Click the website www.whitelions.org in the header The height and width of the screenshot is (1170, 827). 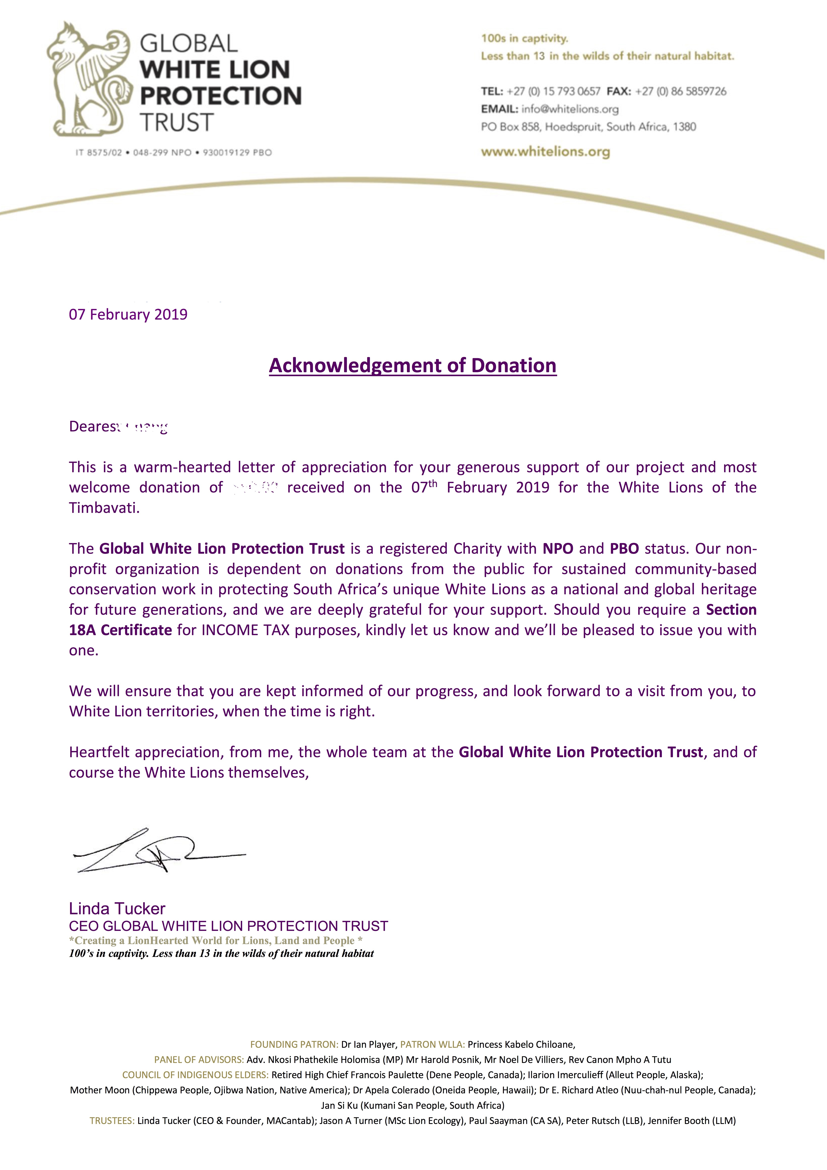(545, 151)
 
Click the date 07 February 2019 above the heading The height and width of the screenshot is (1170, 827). (128, 314)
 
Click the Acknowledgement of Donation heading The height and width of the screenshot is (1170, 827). (412, 365)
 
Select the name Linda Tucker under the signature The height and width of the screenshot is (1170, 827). (117, 909)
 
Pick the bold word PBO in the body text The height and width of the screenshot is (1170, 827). (624, 549)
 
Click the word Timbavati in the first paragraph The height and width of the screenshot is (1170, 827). (104, 508)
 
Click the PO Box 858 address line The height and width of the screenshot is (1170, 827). (588, 127)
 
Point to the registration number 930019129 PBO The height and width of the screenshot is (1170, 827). (237, 152)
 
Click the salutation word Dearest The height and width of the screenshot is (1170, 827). (92, 427)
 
